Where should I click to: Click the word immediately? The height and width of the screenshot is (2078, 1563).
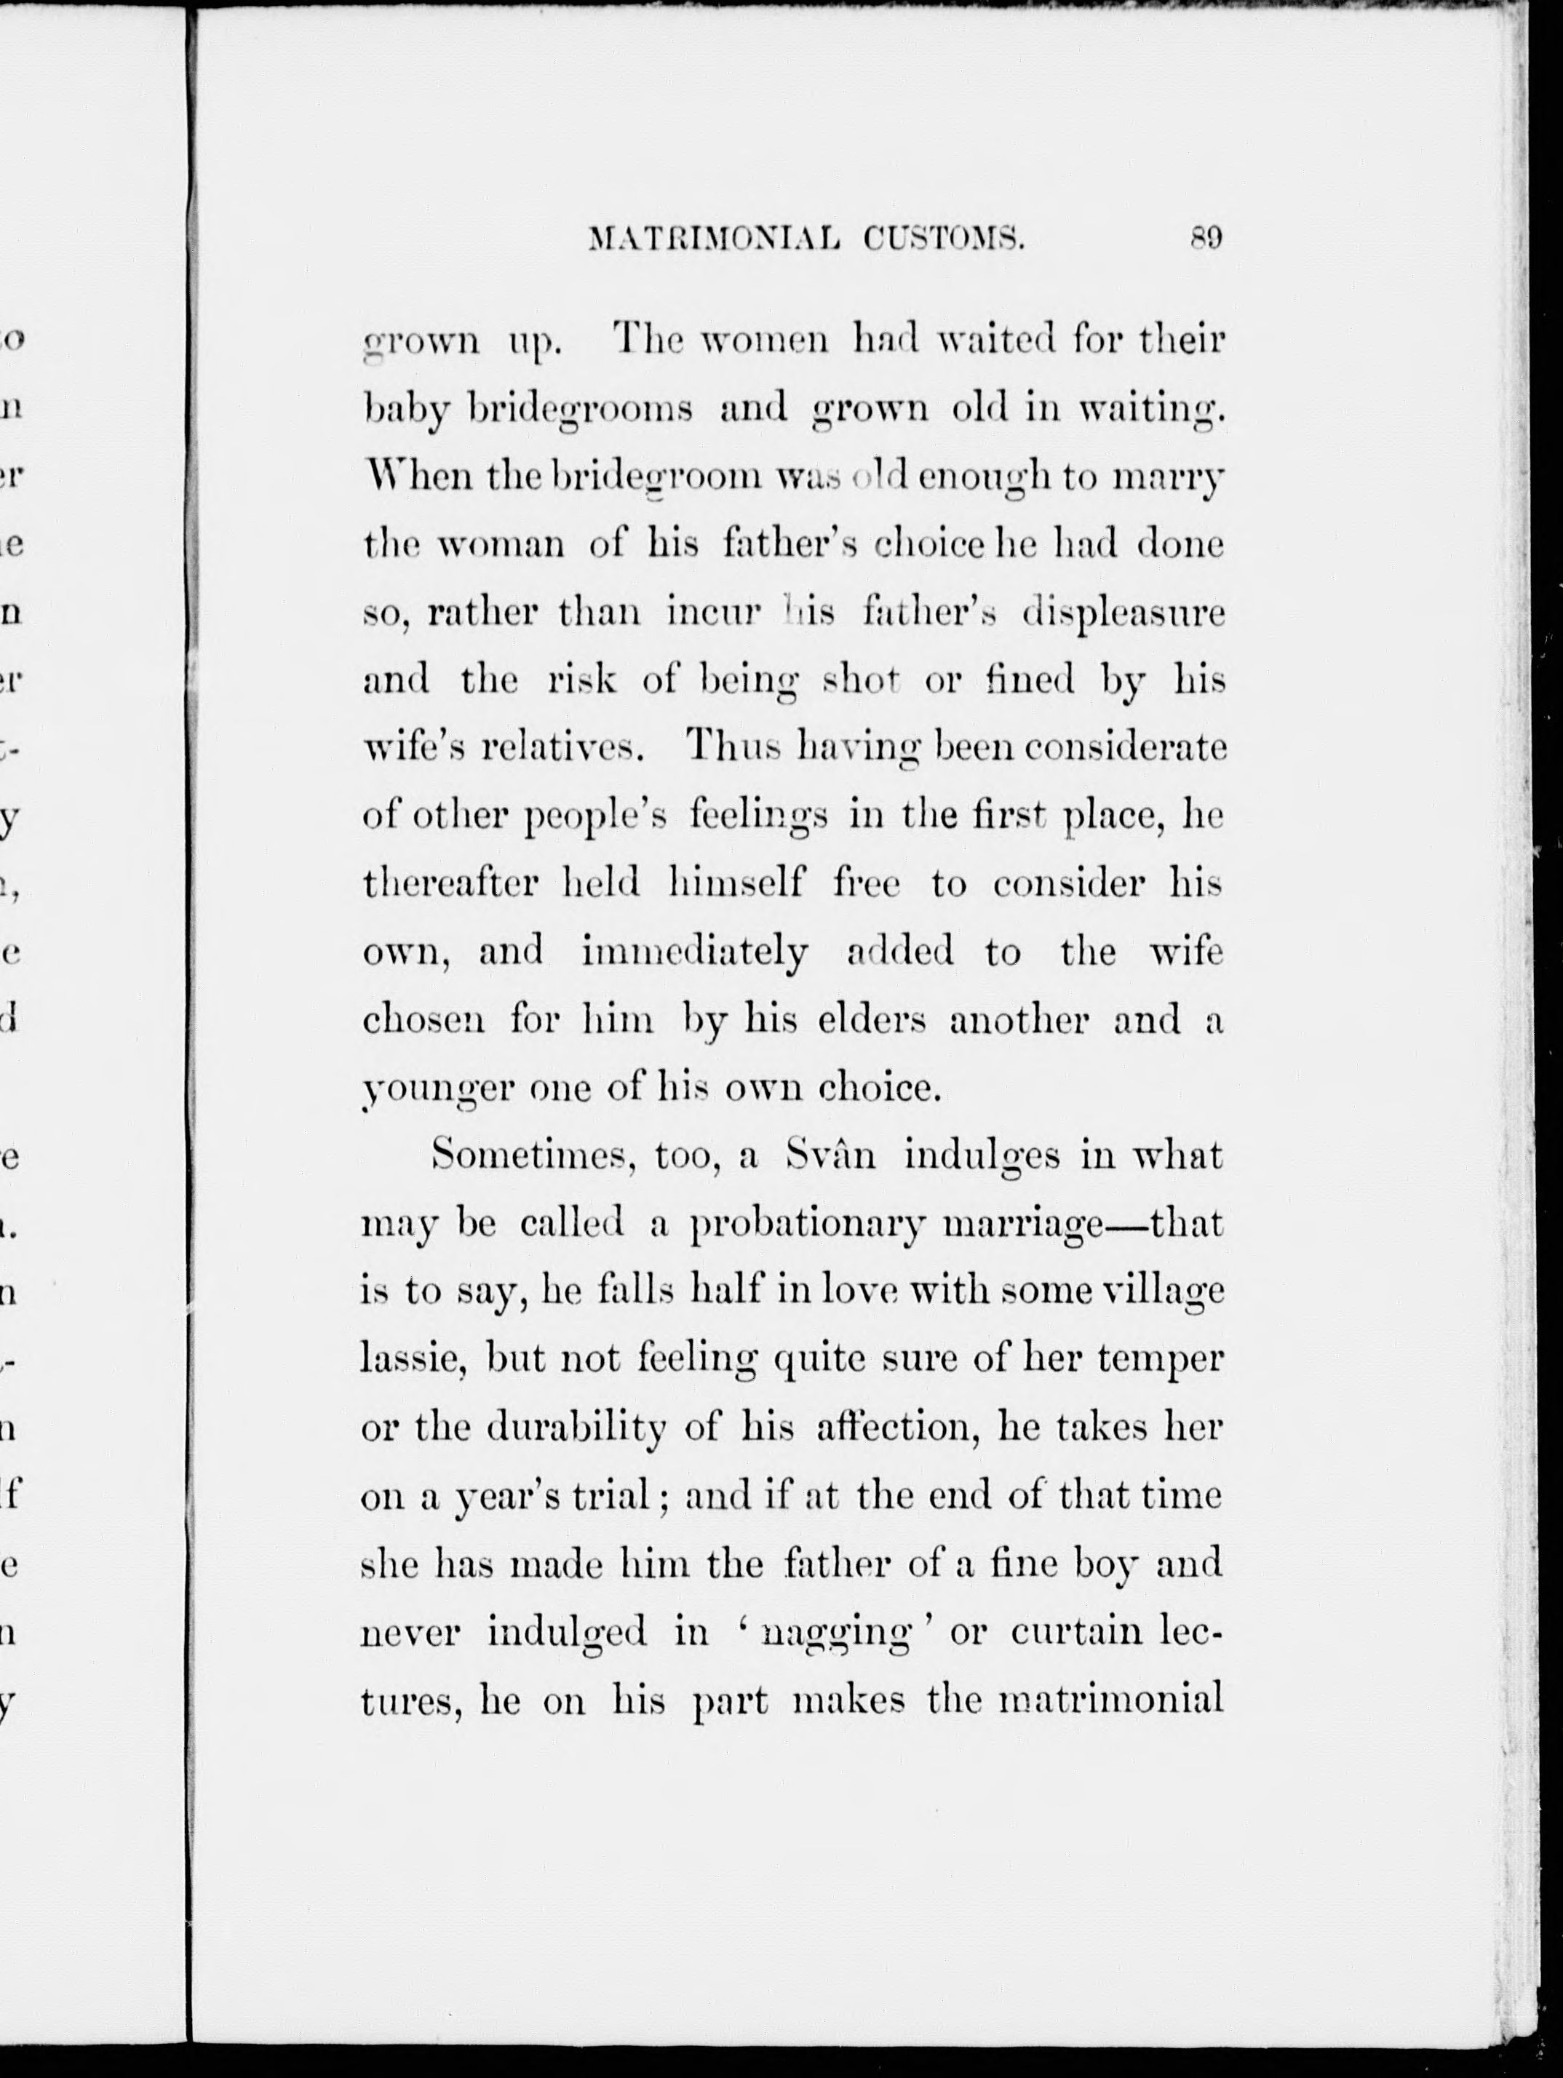[x=694, y=954]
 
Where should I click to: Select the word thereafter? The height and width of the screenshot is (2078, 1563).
[x=450, y=884]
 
